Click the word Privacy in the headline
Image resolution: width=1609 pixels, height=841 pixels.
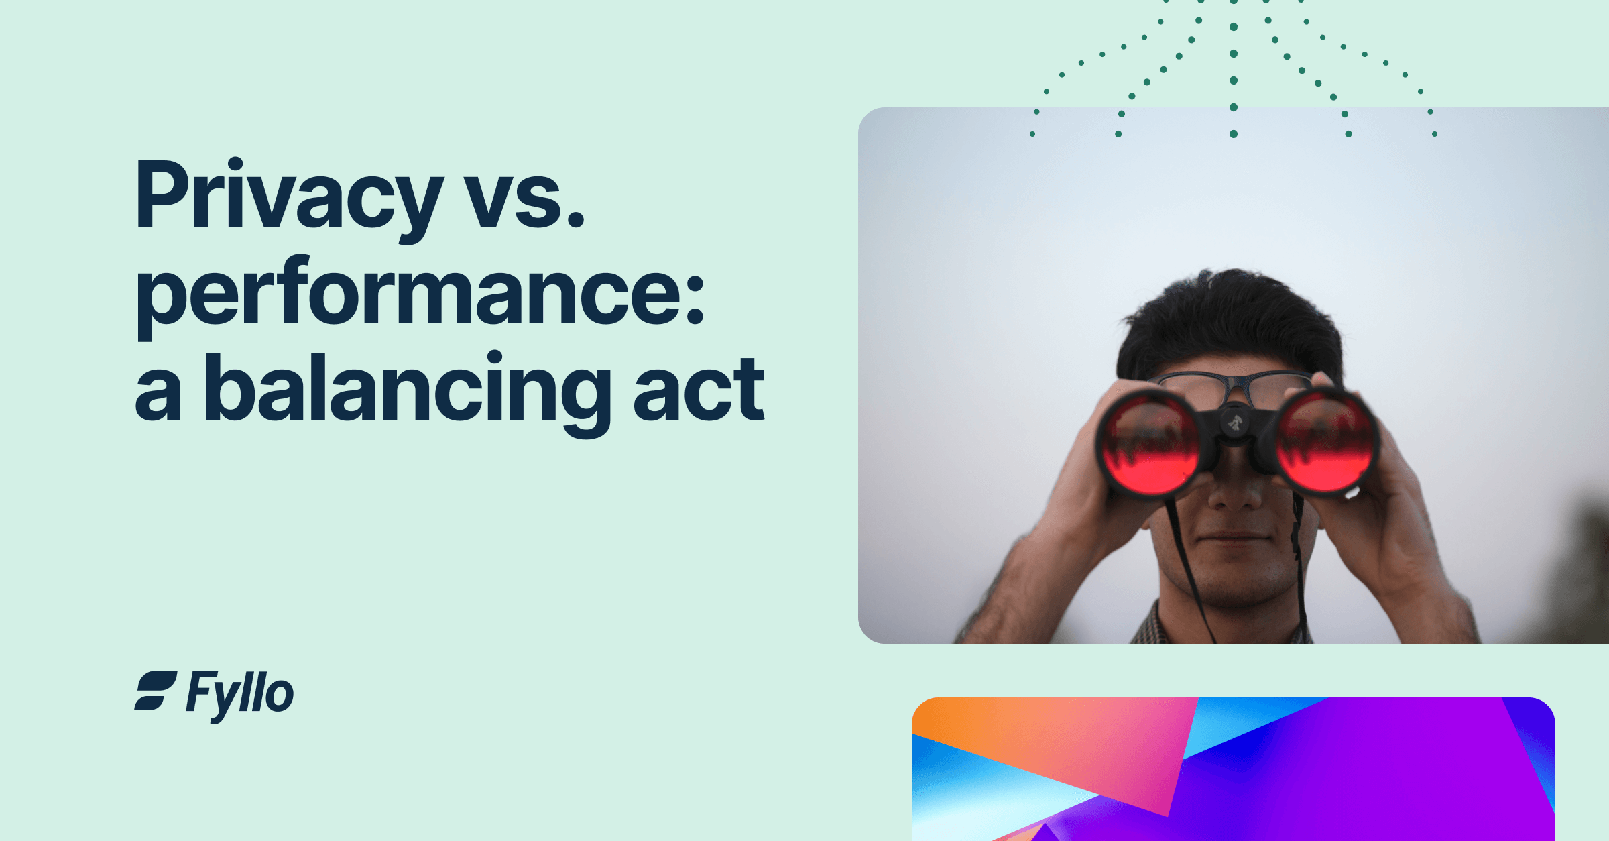pyautogui.click(x=288, y=198)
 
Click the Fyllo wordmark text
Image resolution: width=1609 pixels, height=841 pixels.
pyautogui.click(x=240, y=694)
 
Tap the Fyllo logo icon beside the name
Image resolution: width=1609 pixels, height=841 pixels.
pyautogui.click(x=156, y=690)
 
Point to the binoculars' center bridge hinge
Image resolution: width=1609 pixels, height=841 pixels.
pyautogui.click(x=1234, y=423)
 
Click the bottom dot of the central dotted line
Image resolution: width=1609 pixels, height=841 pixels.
pyautogui.click(x=1233, y=134)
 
